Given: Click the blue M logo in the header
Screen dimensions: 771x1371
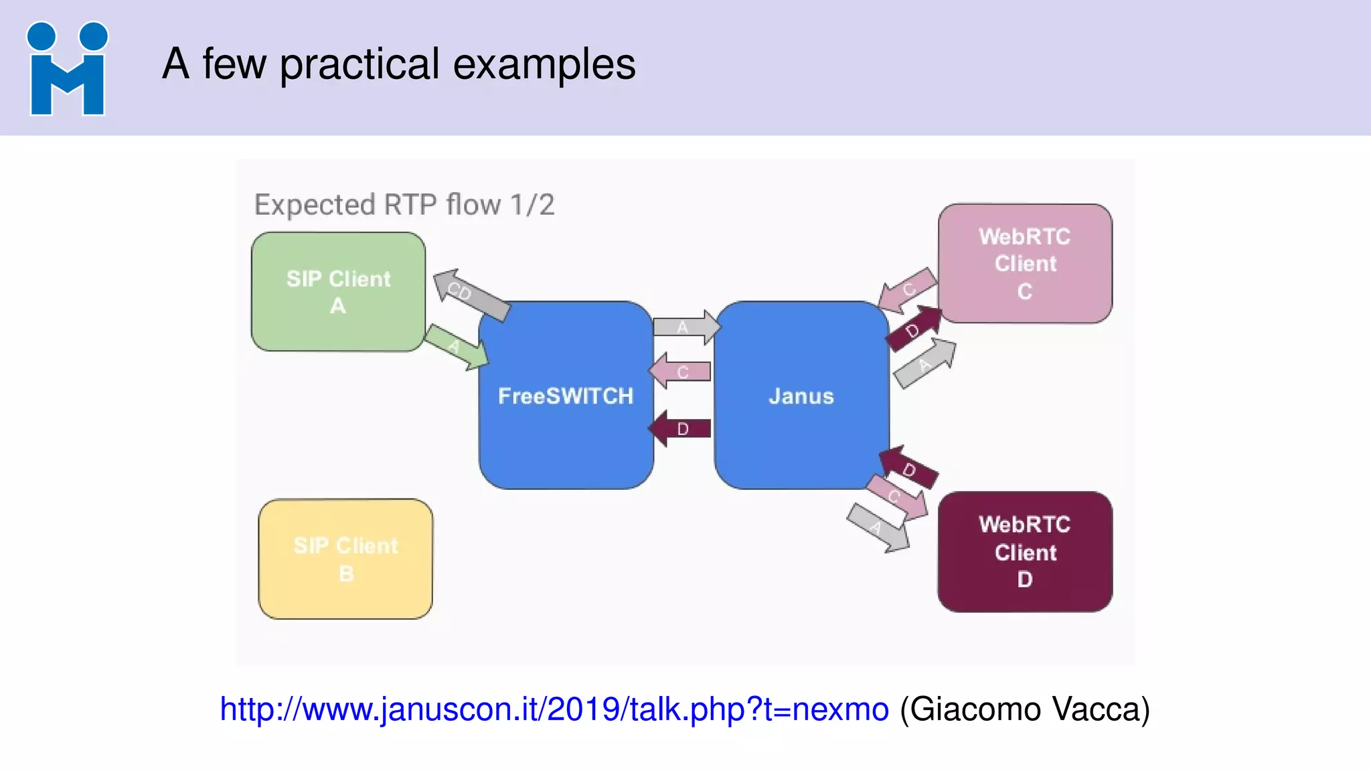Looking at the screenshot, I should pos(67,69).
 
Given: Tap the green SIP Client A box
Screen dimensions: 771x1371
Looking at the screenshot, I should pos(338,292).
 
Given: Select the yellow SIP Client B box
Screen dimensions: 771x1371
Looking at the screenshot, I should pos(345,559).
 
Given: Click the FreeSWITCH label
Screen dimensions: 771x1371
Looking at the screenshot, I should pos(565,396).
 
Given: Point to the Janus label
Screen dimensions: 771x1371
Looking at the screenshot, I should pos(801,396).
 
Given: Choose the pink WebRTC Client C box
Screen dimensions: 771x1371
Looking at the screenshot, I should pos(1025,264).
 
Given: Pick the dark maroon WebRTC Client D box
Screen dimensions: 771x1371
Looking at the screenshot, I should pos(1025,552).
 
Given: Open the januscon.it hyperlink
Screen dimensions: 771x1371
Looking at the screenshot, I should pos(554,709).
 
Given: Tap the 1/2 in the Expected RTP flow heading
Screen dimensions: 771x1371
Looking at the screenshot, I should pos(532,205).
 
